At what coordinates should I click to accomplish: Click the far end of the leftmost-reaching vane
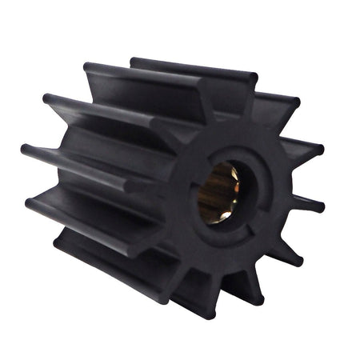(x=26, y=150)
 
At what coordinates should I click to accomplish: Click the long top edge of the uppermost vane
(x=192, y=67)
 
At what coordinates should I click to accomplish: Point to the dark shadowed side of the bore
(x=205, y=196)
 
